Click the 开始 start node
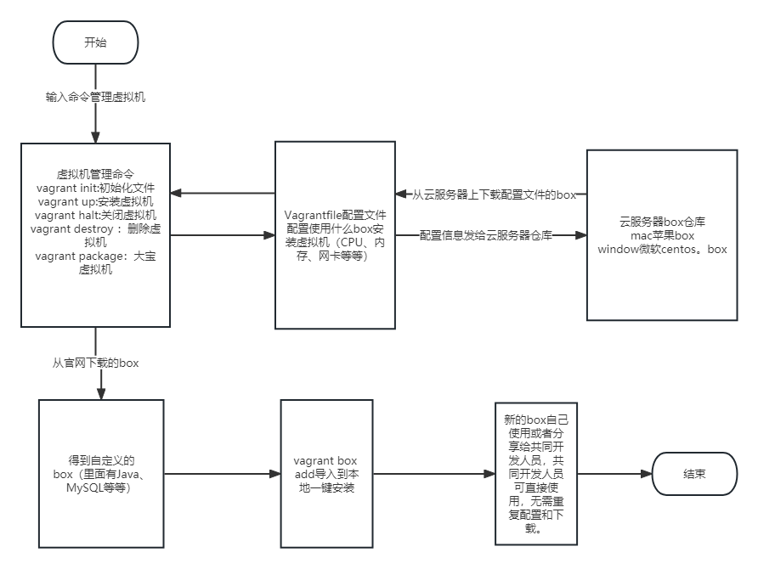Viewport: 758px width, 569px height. click(95, 42)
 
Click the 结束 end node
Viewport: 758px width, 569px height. click(693, 474)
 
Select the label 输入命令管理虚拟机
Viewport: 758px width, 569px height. click(95, 97)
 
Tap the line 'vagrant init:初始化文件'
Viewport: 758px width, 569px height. click(95, 188)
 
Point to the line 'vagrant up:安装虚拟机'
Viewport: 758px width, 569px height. click(95, 201)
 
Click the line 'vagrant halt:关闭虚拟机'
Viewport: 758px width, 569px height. click(95, 215)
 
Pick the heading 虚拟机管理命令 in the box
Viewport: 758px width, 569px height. click(95, 173)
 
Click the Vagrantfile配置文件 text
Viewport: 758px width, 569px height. click(334, 215)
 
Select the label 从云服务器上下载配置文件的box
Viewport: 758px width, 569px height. click(494, 194)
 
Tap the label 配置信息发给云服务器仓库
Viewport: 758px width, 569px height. click(485, 235)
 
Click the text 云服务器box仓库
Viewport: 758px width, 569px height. click(662, 221)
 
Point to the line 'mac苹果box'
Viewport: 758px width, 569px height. click(662, 235)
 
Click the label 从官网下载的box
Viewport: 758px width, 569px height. click(95, 363)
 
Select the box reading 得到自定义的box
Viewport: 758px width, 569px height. click(99, 474)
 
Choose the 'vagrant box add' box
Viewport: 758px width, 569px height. click(325, 474)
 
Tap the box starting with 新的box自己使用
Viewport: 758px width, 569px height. click(536, 474)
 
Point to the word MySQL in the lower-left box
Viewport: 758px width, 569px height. click(85, 488)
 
